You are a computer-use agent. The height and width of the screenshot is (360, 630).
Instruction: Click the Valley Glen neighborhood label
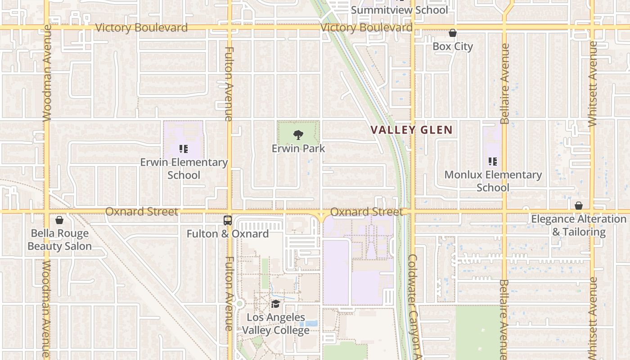(411, 130)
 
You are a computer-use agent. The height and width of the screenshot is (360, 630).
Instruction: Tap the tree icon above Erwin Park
(297, 135)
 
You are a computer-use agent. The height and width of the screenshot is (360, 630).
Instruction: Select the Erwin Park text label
(298, 148)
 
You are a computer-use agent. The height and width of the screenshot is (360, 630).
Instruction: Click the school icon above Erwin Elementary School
(183, 148)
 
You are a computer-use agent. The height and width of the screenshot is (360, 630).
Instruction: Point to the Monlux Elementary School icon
(493, 161)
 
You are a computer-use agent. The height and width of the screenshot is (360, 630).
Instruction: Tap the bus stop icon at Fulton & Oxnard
(228, 220)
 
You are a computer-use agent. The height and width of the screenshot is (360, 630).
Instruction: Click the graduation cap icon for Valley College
(275, 304)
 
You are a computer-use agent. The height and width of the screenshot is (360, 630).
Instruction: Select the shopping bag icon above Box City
(453, 33)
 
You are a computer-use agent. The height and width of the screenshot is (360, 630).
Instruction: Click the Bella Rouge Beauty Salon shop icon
(59, 220)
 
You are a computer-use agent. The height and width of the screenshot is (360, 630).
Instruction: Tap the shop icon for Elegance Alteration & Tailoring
(579, 206)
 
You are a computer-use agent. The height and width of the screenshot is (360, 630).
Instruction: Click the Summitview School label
(399, 10)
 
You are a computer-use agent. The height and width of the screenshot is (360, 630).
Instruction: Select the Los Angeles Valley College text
(276, 324)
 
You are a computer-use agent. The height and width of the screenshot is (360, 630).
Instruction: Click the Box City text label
(453, 46)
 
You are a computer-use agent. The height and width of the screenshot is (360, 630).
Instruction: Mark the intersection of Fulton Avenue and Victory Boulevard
(229, 27)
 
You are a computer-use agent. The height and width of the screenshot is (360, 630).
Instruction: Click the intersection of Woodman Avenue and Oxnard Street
(47, 211)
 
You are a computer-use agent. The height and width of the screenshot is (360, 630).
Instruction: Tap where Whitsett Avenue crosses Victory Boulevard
(592, 27)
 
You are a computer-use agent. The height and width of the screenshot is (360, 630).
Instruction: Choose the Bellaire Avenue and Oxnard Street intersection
(504, 211)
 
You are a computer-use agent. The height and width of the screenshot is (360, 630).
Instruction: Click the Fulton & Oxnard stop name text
(228, 234)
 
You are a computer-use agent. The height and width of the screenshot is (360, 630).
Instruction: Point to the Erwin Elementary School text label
(184, 169)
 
